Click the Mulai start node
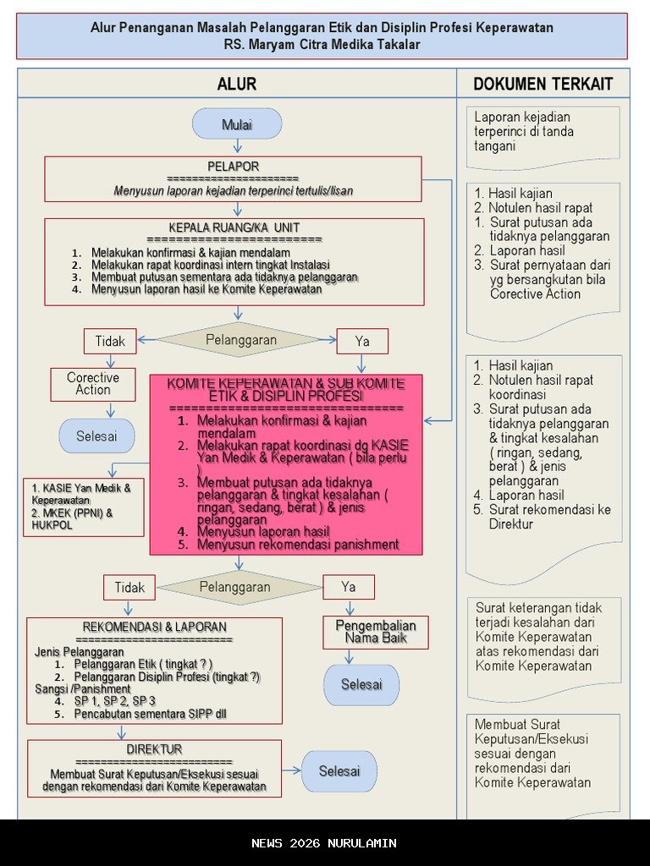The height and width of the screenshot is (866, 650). [x=237, y=124]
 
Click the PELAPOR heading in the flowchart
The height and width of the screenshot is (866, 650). [x=233, y=167]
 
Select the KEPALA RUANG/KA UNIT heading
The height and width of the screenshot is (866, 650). [x=234, y=227]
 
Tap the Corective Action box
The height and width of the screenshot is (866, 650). [x=93, y=384]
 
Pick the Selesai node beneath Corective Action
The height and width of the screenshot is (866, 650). [x=96, y=436]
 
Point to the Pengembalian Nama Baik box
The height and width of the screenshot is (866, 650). [x=376, y=632]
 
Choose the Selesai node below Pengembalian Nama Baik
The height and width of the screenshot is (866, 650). [x=361, y=684]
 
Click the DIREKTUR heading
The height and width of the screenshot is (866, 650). [x=154, y=749]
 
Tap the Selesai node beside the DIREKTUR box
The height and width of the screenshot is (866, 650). [x=339, y=771]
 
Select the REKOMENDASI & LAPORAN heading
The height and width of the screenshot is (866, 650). [x=154, y=627]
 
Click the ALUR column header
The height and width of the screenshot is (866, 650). [x=237, y=84]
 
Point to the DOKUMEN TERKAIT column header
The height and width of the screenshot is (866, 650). [x=543, y=84]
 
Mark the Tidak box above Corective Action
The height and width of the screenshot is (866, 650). [x=110, y=342]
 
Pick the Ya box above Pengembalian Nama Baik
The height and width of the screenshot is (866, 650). [x=349, y=587]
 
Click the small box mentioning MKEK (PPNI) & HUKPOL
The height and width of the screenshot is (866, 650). [x=83, y=507]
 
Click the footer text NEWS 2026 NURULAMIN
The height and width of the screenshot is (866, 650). [x=324, y=843]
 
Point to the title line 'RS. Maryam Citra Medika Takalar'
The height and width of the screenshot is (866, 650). [x=322, y=44]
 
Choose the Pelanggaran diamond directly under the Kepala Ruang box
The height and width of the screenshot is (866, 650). [x=240, y=340]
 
